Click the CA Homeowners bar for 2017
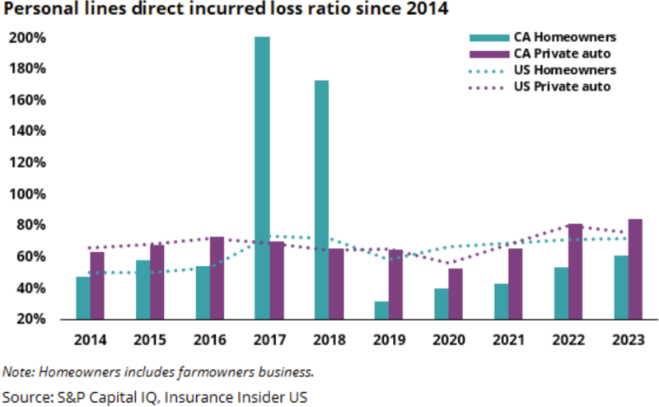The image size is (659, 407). (262, 178)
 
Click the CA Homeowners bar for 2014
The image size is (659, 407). (82, 297)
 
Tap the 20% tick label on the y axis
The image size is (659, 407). (32, 320)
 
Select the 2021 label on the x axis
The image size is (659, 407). (508, 339)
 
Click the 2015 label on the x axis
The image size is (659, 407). (151, 339)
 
